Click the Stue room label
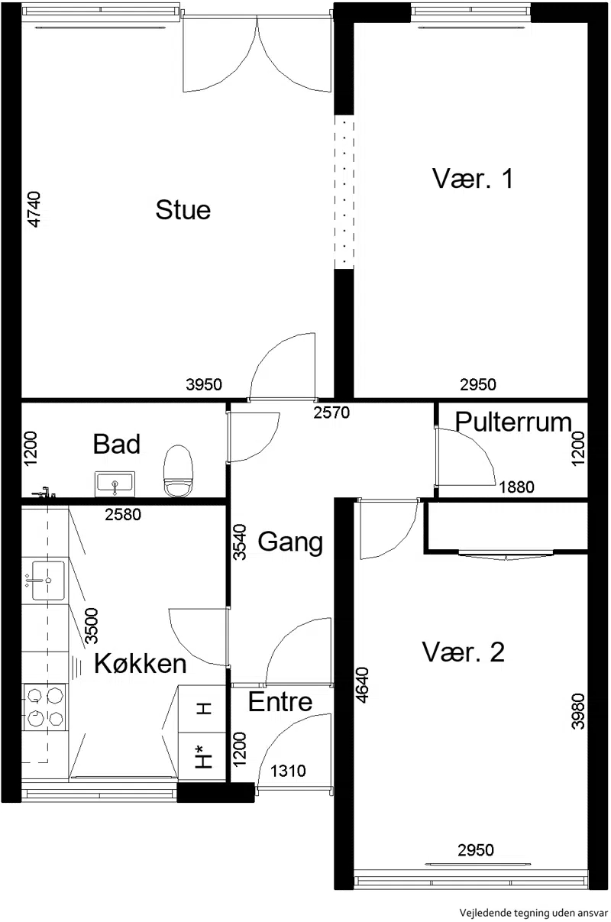183,209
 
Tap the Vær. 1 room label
472,179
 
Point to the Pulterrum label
513,422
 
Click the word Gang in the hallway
290,542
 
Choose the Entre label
280,701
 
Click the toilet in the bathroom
178,471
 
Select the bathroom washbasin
115,484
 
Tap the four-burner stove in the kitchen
44,707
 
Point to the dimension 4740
34,209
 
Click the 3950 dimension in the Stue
204,384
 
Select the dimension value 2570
331,412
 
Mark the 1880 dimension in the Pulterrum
516,487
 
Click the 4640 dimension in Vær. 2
362,685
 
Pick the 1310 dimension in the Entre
288,771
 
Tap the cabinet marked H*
203,756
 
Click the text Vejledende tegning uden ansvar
533,913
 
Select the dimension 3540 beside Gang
240,542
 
